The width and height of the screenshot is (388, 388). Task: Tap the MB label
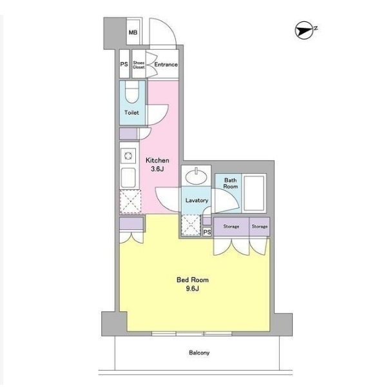(x=133, y=32)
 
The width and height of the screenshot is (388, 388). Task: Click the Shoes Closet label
(x=139, y=65)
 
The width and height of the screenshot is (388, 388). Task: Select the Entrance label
(x=166, y=65)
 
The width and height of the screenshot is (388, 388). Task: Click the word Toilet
(x=131, y=112)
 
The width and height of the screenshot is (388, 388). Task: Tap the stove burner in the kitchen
(x=128, y=156)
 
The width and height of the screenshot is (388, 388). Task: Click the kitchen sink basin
(x=128, y=178)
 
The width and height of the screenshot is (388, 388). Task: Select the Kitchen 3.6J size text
(x=157, y=165)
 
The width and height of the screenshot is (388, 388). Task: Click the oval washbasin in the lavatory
(x=196, y=176)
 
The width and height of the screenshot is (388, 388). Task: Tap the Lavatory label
(x=197, y=200)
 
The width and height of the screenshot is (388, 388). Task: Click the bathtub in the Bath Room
(x=254, y=194)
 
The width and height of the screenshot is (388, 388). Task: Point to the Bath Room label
(x=231, y=183)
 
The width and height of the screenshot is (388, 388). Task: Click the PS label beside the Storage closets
(x=207, y=232)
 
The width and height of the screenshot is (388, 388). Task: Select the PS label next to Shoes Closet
(x=124, y=64)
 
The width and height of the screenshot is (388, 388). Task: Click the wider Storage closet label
(x=231, y=227)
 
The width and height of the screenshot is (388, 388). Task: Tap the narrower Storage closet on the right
(x=260, y=227)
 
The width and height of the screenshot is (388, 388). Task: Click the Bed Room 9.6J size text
(x=193, y=284)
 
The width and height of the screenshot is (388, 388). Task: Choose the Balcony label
(x=199, y=352)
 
